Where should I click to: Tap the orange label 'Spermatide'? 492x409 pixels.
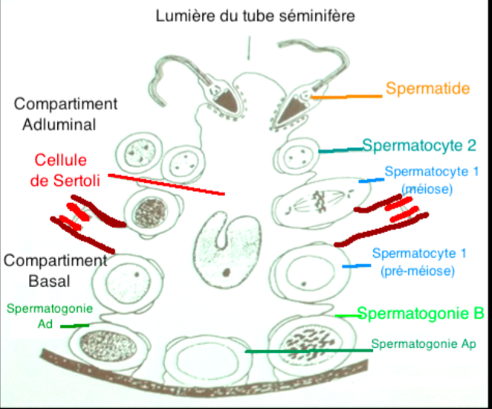(427, 89)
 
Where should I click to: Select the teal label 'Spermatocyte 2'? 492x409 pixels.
(419, 145)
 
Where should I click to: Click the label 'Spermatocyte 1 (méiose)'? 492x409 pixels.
(431, 179)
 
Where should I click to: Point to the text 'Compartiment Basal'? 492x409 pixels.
(53, 269)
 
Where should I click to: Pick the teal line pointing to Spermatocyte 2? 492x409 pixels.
(340, 150)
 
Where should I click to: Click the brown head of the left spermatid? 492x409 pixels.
(223, 98)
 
